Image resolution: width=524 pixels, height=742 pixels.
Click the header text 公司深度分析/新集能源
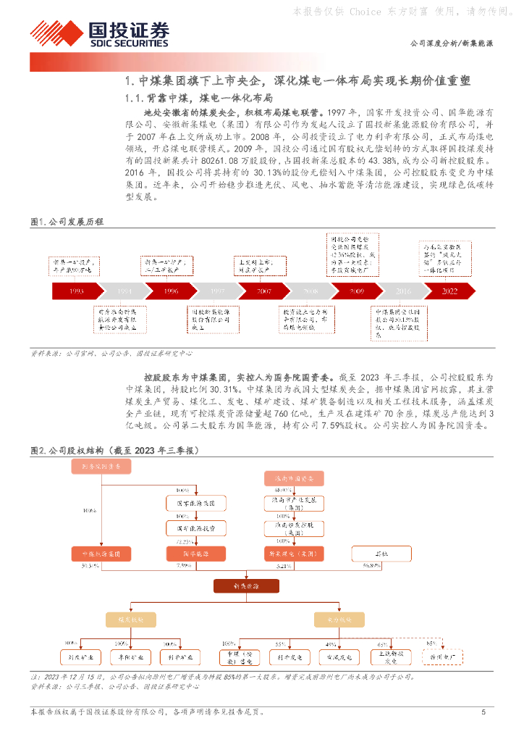[x=452, y=43]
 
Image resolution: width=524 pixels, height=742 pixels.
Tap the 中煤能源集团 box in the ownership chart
[x=101, y=554]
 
